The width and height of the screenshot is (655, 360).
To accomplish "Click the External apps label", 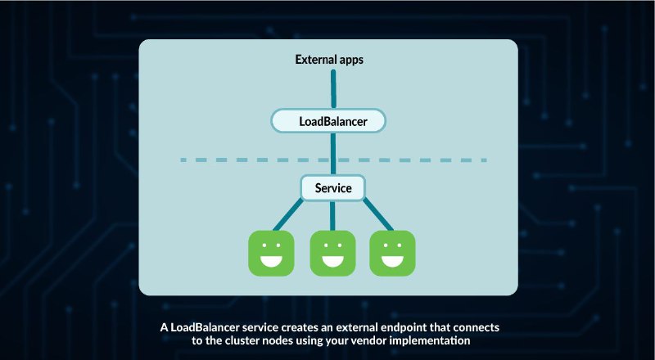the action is [329, 60].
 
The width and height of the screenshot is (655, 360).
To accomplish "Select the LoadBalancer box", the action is [329, 121].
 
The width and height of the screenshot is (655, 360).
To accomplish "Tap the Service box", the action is [333, 188].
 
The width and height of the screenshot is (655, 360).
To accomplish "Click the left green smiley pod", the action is [271, 253].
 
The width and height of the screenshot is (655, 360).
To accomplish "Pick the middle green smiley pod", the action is [332, 253].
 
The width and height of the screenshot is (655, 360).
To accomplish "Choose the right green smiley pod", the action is [392, 253].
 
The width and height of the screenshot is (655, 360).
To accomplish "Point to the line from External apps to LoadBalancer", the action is [333, 89].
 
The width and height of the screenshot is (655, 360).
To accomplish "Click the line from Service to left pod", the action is [288, 214].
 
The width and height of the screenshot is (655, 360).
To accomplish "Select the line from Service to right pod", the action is [378, 214].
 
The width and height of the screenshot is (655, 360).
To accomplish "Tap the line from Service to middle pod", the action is [332, 215].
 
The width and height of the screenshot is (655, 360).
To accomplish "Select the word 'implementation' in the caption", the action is [430, 341].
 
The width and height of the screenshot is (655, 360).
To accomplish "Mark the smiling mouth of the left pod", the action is [271, 262].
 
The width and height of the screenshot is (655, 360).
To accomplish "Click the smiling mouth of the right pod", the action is [392, 262].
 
